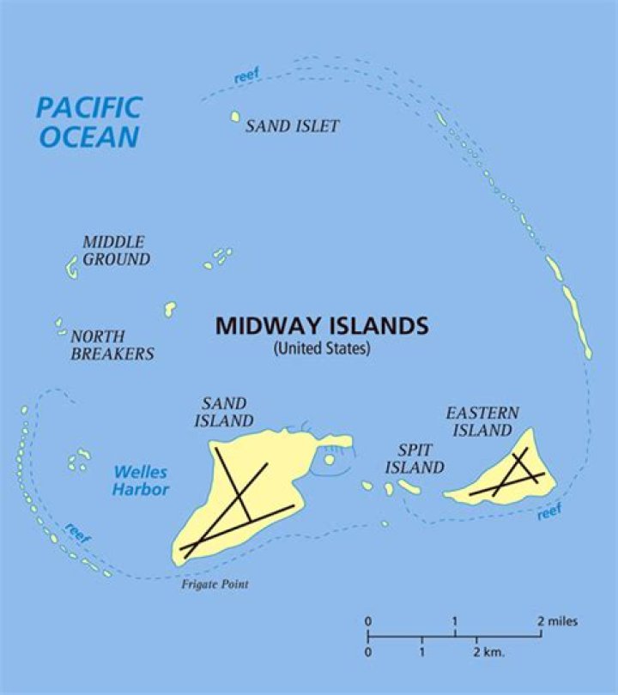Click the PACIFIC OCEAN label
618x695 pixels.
point(88,122)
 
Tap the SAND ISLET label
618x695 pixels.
point(292,126)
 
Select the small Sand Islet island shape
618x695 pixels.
point(235,117)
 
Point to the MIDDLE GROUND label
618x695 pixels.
point(115,251)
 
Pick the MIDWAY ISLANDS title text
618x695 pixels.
point(321,326)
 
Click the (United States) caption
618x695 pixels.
point(321,349)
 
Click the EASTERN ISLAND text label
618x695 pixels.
point(482,421)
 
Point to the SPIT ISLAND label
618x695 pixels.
point(415,459)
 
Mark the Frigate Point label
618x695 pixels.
point(214,584)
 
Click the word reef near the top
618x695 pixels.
point(246,76)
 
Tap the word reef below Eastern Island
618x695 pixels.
point(549,512)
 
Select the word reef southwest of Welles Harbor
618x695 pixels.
point(77,532)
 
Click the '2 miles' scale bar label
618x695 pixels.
point(558,621)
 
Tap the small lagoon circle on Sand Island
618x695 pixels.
point(330,460)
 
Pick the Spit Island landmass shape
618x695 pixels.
point(409,487)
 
